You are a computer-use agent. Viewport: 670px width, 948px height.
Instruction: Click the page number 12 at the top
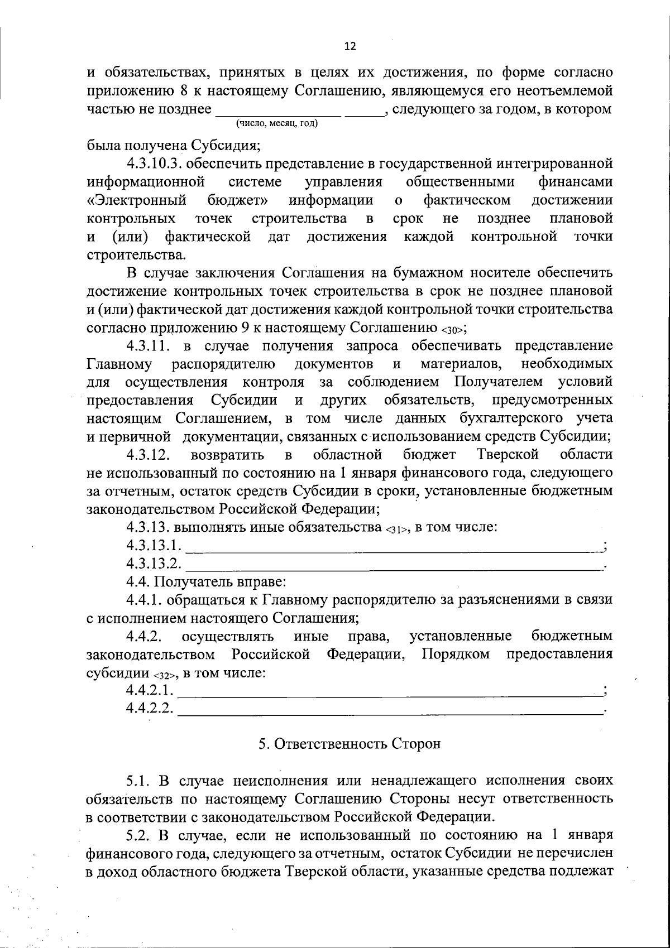350,46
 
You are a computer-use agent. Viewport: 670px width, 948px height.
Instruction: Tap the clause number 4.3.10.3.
156,163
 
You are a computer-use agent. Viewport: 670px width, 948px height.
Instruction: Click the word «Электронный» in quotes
137,200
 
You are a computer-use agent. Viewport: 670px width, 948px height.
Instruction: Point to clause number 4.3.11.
147,346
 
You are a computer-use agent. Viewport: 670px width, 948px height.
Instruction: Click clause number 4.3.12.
148,454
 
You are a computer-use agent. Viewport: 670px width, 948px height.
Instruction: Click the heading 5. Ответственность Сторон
350,744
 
